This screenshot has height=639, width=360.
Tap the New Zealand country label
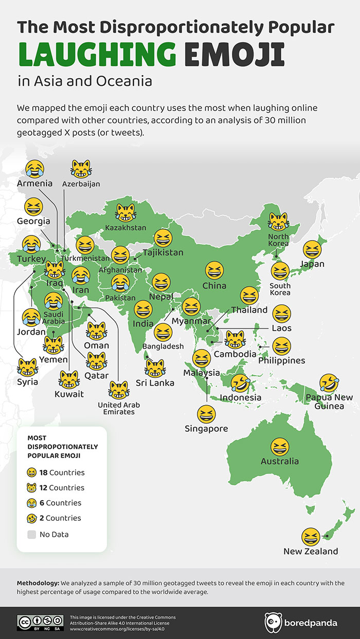pos(311,551)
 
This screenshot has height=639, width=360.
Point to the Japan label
pos(312,264)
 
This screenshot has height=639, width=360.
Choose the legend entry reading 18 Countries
pos(62,472)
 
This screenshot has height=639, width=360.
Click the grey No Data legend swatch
pos(32,534)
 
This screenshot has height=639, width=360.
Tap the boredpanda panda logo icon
pos(273,623)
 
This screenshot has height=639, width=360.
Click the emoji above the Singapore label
pos(206,413)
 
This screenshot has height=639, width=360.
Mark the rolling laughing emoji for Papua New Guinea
pos(328,382)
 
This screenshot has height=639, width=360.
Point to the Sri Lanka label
pos(155,382)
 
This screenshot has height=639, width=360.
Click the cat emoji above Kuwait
pos(69,380)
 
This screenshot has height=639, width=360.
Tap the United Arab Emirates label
pos(119,408)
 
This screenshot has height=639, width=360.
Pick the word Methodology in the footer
pos(38,583)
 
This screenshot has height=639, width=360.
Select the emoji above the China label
pos(214,270)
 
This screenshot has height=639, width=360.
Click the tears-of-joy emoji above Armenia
pos(34,168)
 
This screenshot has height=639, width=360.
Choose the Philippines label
pos(281,360)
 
